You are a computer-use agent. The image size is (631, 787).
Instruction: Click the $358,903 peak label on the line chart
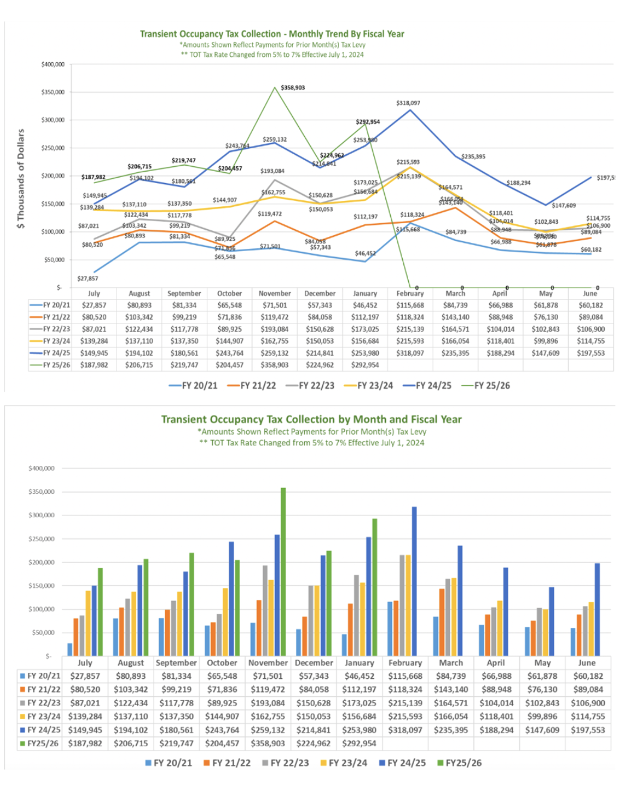(293, 87)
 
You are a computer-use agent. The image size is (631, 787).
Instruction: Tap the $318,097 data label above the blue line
(408, 103)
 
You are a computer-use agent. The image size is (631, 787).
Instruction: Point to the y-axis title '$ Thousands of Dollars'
(21, 179)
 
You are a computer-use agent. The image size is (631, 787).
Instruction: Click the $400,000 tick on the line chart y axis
(53, 65)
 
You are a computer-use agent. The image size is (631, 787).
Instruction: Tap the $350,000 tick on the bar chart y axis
(41, 492)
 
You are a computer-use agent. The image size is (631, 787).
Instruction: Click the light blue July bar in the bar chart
(70, 649)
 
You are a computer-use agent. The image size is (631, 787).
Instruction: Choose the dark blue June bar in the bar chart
(597, 609)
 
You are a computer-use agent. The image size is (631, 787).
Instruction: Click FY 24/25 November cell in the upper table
(275, 353)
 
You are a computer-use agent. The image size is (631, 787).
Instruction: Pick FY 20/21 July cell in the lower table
(85, 676)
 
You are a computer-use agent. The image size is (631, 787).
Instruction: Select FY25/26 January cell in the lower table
(359, 743)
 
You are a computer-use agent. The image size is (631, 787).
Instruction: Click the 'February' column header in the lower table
(405, 663)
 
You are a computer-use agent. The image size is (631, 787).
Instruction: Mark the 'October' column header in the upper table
(229, 294)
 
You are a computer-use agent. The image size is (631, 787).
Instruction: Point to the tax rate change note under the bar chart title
(311, 443)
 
